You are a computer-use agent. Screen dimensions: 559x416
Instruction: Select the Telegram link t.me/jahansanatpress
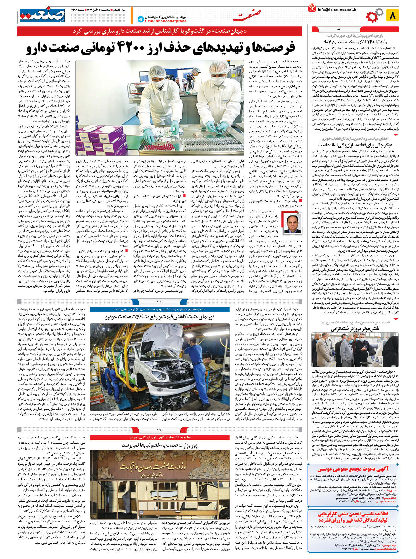pyautogui.click(x=166, y=21)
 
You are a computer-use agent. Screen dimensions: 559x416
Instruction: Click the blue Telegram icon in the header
pyautogui.click(x=141, y=19)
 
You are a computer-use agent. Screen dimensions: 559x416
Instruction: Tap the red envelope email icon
pyautogui.click(x=312, y=8)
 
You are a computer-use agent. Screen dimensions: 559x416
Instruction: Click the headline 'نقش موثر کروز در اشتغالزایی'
pyautogui.click(x=355, y=329)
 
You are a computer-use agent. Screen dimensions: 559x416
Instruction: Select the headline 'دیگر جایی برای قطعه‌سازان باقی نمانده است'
pyautogui.click(x=355, y=145)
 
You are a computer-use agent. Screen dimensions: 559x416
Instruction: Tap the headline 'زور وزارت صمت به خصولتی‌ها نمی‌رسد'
pyautogui.click(x=160, y=445)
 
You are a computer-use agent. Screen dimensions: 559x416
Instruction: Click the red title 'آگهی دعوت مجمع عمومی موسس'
pyautogui.click(x=353, y=469)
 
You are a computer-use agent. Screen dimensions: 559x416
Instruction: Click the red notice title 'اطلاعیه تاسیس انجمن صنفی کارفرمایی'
pyautogui.click(x=353, y=514)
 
